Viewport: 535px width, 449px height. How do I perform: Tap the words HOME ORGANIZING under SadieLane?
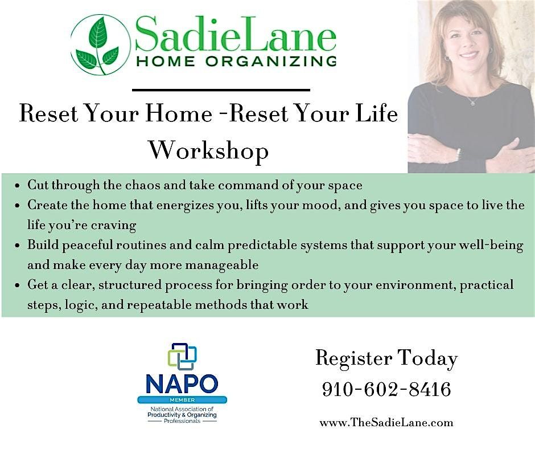[x=236, y=61]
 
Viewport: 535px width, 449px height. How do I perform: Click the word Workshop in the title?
[x=209, y=150]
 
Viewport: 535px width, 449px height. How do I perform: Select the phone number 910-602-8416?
[x=386, y=389]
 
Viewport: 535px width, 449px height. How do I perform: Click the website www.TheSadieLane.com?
[x=386, y=423]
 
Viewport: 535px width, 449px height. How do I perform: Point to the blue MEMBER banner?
[x=182, y=400]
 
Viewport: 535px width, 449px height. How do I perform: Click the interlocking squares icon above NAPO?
[x=183, y=356]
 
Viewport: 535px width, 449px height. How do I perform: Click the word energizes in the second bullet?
[x=186, y=205]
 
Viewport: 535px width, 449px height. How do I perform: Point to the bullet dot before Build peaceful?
[x=17, y=246]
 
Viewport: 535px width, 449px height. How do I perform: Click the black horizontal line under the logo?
[x=221, y=90]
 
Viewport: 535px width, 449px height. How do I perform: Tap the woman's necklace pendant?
[x=472, y=103]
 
